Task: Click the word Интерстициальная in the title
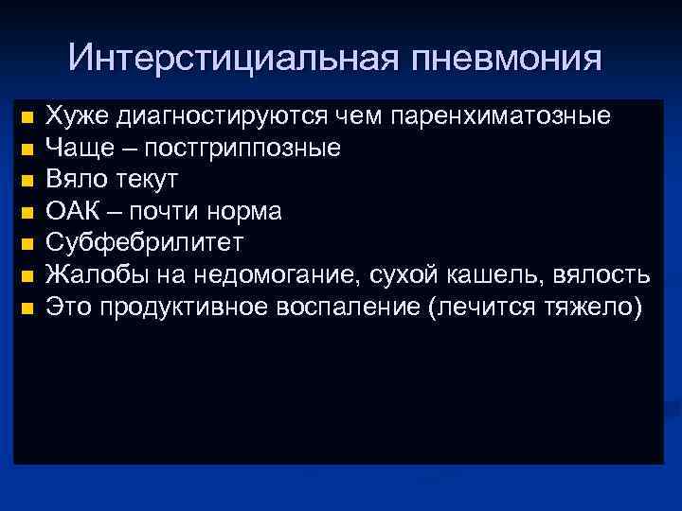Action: (233, 59)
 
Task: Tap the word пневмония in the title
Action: (507, 59)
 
